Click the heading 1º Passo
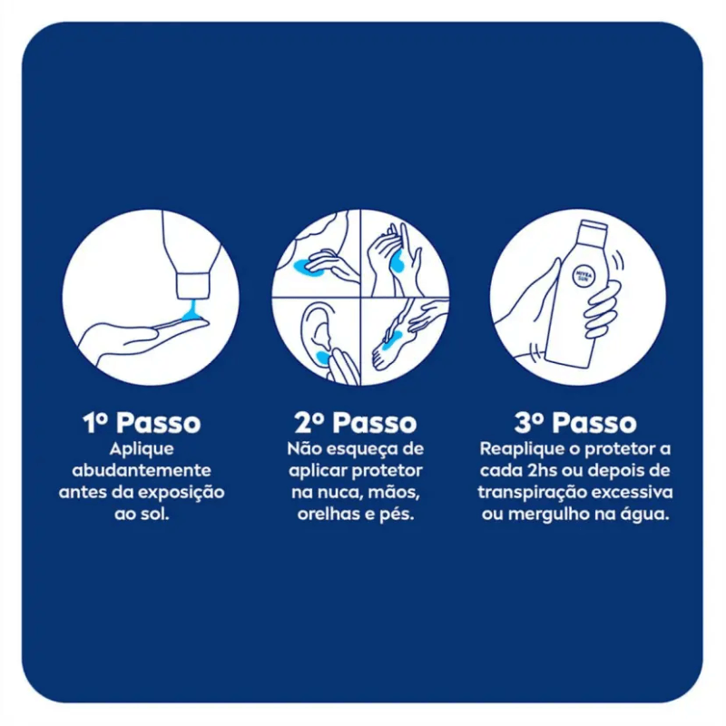point(142,423)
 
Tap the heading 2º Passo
point(356,423)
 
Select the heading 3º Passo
point(575,423)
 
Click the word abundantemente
point(142,470)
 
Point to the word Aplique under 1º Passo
point(142,449)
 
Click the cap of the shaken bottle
point(594,227)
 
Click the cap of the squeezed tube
point(192,286)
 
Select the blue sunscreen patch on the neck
point(302,266)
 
